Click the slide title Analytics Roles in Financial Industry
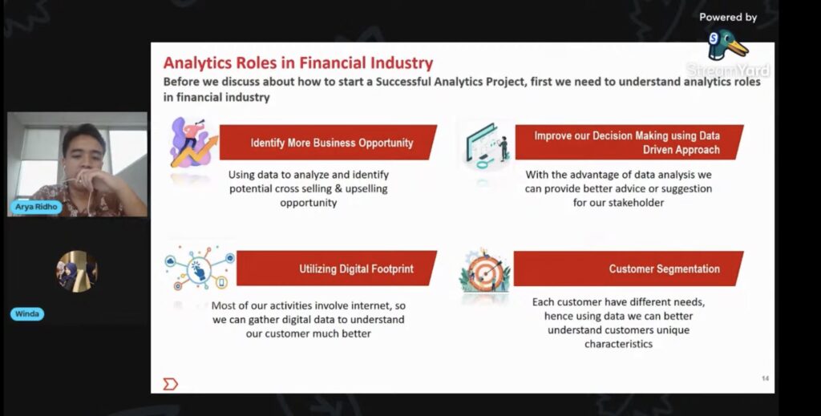298,63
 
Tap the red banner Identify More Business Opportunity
328,143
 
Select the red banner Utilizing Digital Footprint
337,269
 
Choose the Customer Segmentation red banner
629,269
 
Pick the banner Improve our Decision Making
629,143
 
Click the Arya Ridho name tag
36,207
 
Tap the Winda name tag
27,314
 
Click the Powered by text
728,18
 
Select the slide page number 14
765,378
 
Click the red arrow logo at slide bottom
170,384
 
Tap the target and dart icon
484,272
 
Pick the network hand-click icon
200,268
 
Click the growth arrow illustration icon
193,143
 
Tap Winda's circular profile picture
78,272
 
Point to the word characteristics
618,344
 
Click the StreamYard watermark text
728,70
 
